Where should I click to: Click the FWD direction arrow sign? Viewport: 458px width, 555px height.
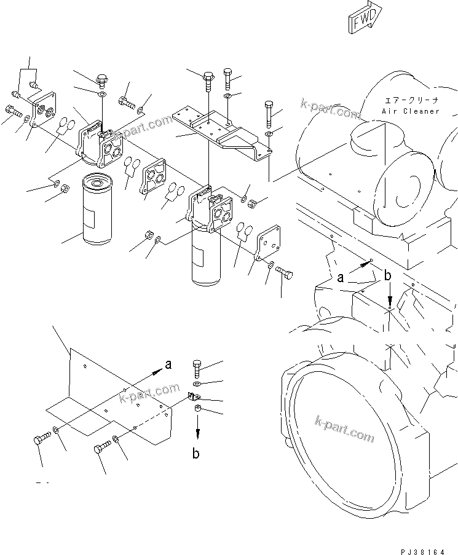coord(363,18)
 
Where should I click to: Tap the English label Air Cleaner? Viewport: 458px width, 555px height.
coord(411,111)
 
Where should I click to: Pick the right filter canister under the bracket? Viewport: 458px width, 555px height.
coord(204,253)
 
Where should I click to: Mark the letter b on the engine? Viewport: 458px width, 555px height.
coord(387,277)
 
